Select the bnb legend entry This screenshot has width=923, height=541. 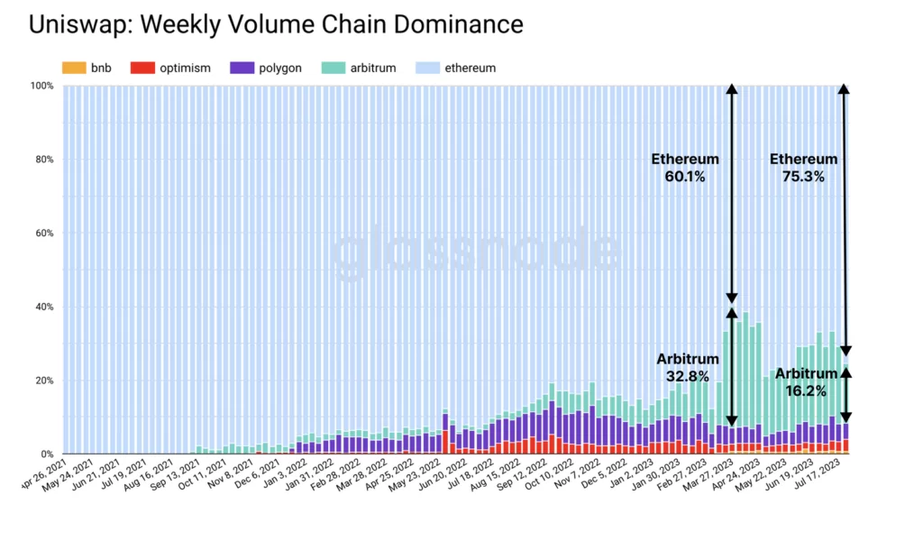[x=88, y=68]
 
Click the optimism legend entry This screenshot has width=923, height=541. [x=170, y=68]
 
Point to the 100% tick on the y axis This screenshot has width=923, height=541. [x=41, y=87]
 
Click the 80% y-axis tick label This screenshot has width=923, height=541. [x=44, y=160]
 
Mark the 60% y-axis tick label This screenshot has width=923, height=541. [x=44, y=234]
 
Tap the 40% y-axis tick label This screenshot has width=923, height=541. [x=44, y=307]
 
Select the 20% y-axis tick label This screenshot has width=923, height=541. [x=44, y=381]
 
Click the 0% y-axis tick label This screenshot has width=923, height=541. [x=47, y=454]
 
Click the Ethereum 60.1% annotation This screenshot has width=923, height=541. [x=686, y=168]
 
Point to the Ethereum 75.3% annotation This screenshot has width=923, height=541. [x=803, y=168]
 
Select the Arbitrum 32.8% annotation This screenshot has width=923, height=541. [x=688, y=367]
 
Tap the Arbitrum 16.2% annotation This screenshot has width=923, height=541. [x=806, y=381]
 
